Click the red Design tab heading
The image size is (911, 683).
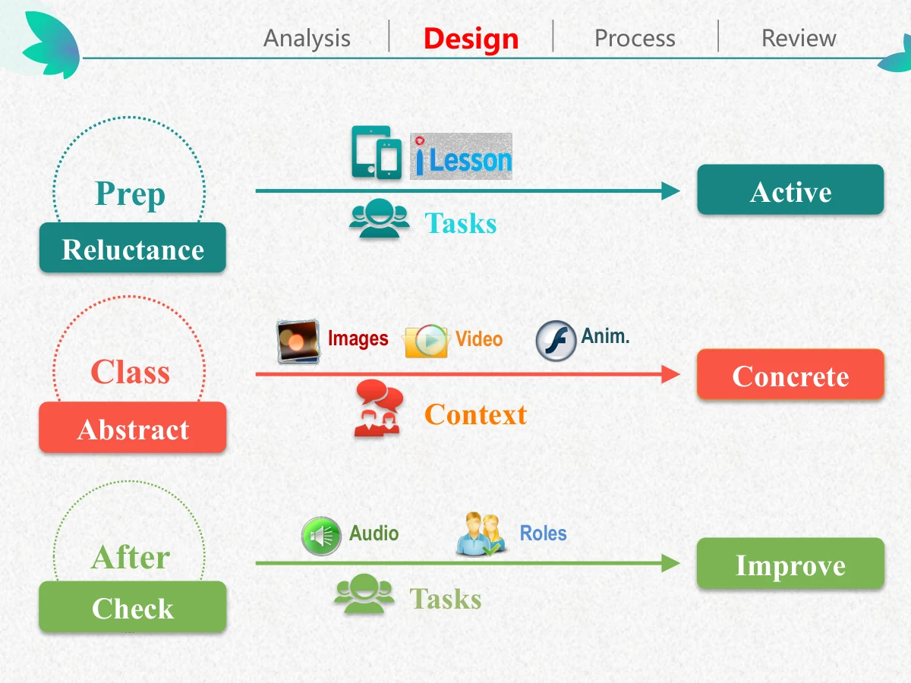click(x=471, y=39)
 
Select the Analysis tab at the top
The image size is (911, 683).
click(x=307, y=39)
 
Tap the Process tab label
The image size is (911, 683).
click(x=635, y=38)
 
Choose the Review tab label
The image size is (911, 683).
click(x=799, y=38)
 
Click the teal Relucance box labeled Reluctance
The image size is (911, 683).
click(x=133, y=247)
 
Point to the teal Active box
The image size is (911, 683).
click(x=790, y=190)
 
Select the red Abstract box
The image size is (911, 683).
click(x=133, y=427)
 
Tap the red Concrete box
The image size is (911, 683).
click(x=790, y=374)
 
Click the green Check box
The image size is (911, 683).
click(x=133, y=606)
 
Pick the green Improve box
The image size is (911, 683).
click(x=790, y=563)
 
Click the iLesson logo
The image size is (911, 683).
click(x=461, y=156)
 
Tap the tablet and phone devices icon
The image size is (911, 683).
click(x=377, y=153)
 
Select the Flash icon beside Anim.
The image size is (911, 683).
click(x=556, y=341)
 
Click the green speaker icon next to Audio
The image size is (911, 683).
click(x=321, y=536)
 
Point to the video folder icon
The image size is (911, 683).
click(x=426, y=341)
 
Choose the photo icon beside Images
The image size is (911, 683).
click(x=298, y=341)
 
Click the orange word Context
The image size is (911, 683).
click(x=476, y=414)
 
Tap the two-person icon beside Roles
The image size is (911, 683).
click(x=481, y=534)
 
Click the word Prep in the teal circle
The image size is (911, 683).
click(x=130, y=194)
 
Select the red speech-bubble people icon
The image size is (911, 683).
click(x=379, y=408)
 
